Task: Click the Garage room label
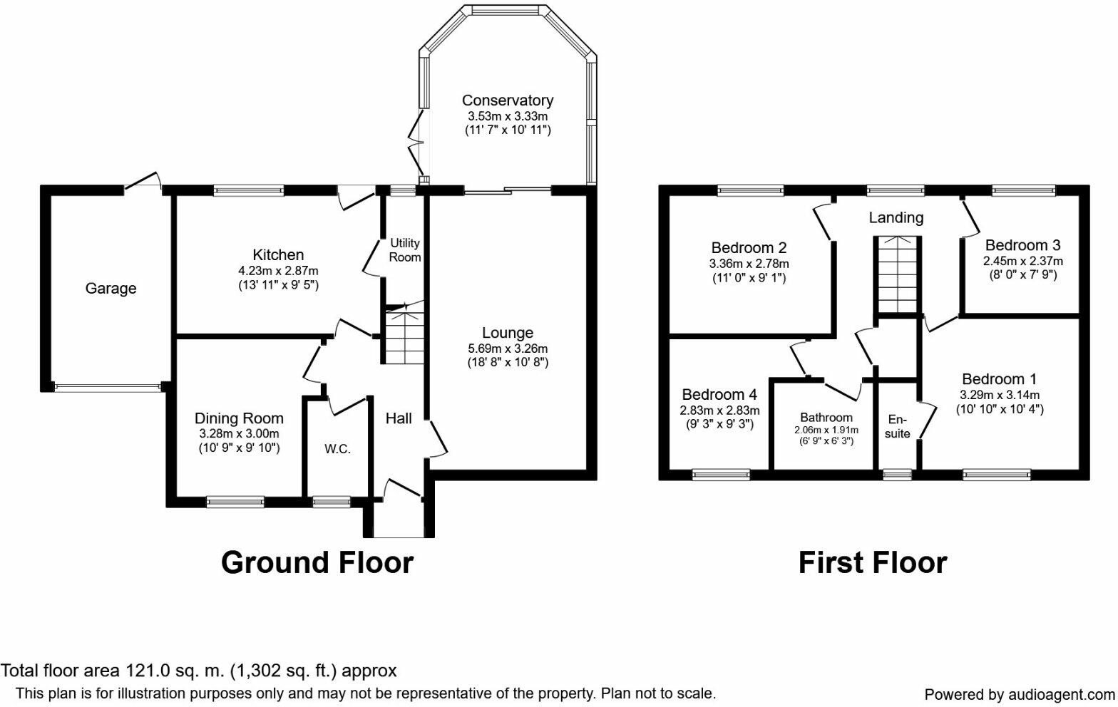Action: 111,289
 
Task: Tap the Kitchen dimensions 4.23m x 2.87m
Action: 278,271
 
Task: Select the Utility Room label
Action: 404,250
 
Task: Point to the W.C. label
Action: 337,449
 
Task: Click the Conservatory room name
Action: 507,100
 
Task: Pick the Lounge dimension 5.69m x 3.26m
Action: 507,349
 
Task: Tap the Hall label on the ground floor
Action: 399,418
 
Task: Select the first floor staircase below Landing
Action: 897,275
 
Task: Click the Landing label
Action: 896,218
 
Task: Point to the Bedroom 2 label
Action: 749,248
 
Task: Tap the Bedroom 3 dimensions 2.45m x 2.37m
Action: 1022,261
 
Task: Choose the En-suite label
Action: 898,426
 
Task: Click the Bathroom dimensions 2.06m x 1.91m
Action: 826,430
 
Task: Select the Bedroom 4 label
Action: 719,395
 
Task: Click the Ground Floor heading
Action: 317,562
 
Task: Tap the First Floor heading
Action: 872,562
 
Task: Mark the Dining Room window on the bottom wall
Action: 235,502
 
